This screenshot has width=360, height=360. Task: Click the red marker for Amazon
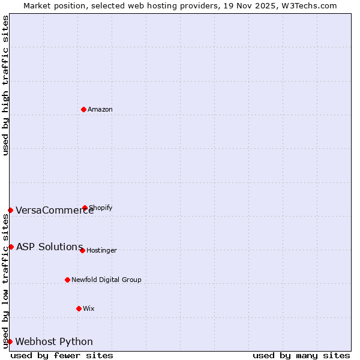coord(83,109)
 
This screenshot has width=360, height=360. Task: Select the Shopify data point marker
coord(85,208)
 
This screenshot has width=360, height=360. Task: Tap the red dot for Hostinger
coord(82,250)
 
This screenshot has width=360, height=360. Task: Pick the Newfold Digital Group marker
coord(67,280)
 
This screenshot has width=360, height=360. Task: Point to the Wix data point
coord(79,308)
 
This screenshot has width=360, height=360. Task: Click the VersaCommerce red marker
coord(10,210)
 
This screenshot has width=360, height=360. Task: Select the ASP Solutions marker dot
coord(11,247)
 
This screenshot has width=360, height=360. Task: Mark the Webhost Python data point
coord(10,341)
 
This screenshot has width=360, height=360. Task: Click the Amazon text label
coord(100,109)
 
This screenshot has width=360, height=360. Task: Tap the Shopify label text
coord(101,208)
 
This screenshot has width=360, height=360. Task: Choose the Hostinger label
coord(101,250)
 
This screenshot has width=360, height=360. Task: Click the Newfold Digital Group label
coord(106,280)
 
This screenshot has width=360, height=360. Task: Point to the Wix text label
coord(89,308)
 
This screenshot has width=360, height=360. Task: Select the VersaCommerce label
coord(55,210)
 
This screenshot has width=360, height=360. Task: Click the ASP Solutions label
coord(49,247)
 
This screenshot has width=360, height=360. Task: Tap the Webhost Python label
coord(54,341)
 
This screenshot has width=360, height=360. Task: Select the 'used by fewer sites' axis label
coord(62,355)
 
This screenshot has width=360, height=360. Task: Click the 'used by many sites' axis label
coord(301,355)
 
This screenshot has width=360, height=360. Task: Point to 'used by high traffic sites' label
coord(5,85)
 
